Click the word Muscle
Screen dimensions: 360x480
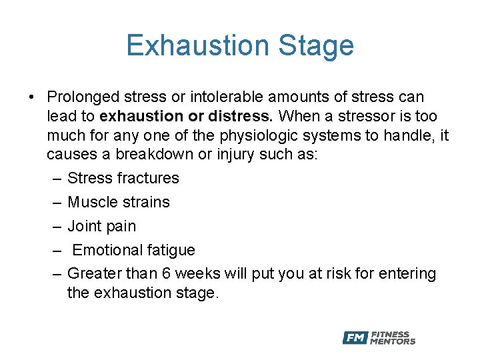tap(90, 203)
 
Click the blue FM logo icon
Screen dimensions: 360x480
tap(355, 338)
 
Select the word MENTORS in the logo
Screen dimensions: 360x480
tap(393, 342)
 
